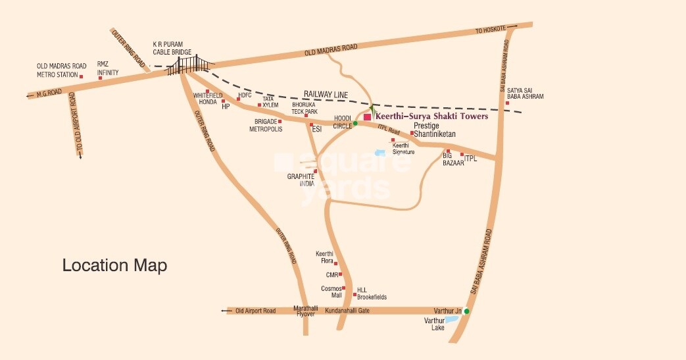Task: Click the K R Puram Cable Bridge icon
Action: [x=191, y=64]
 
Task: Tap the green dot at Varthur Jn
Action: [x=466, y=311]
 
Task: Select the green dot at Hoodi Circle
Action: [x=355, y=123]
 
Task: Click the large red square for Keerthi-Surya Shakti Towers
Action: [x=367, y=116]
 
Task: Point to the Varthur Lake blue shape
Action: [x=453, y=319]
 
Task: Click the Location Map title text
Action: [x=114, y=266]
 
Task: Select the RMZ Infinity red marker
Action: [x=100, y=78]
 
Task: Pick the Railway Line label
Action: [x=325, y=95]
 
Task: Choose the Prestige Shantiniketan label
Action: [x=434, y=130]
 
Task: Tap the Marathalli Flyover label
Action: [x=305, y=311]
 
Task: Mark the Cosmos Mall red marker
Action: [x=343, y=288]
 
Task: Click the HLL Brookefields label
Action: [x=372, y=294]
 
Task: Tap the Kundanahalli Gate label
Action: [x=352, y=310]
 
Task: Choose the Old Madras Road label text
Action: [x=330, y=49]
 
